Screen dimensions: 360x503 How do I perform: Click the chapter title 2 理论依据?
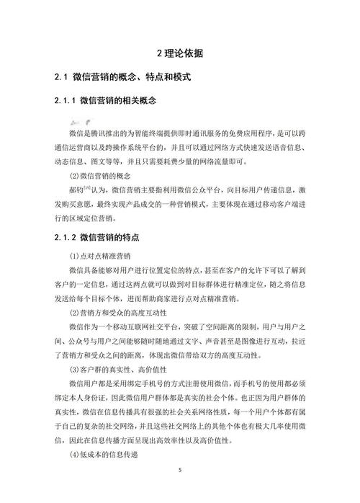click(x=179, y=53)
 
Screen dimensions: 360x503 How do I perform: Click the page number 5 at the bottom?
click(x=180, y=470)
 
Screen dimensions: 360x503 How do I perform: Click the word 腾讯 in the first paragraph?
click(x=100, y=134)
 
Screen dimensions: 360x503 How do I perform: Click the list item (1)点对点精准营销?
click(x=103, y=256)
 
